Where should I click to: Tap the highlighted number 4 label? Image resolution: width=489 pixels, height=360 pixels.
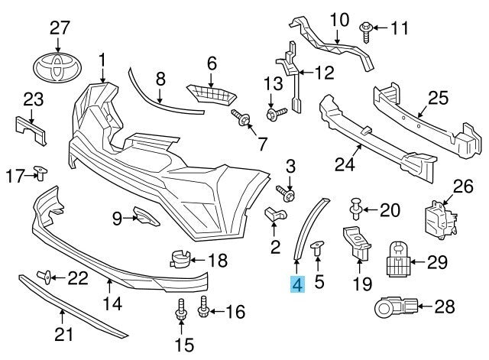click(296, 284)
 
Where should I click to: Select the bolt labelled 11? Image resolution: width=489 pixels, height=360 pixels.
click(368, 29)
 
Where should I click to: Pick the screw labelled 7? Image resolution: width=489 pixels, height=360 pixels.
click(241, 118)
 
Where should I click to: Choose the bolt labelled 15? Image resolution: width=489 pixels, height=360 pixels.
click(181, 311)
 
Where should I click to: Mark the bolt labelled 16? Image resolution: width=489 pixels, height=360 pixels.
click(204, 308)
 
